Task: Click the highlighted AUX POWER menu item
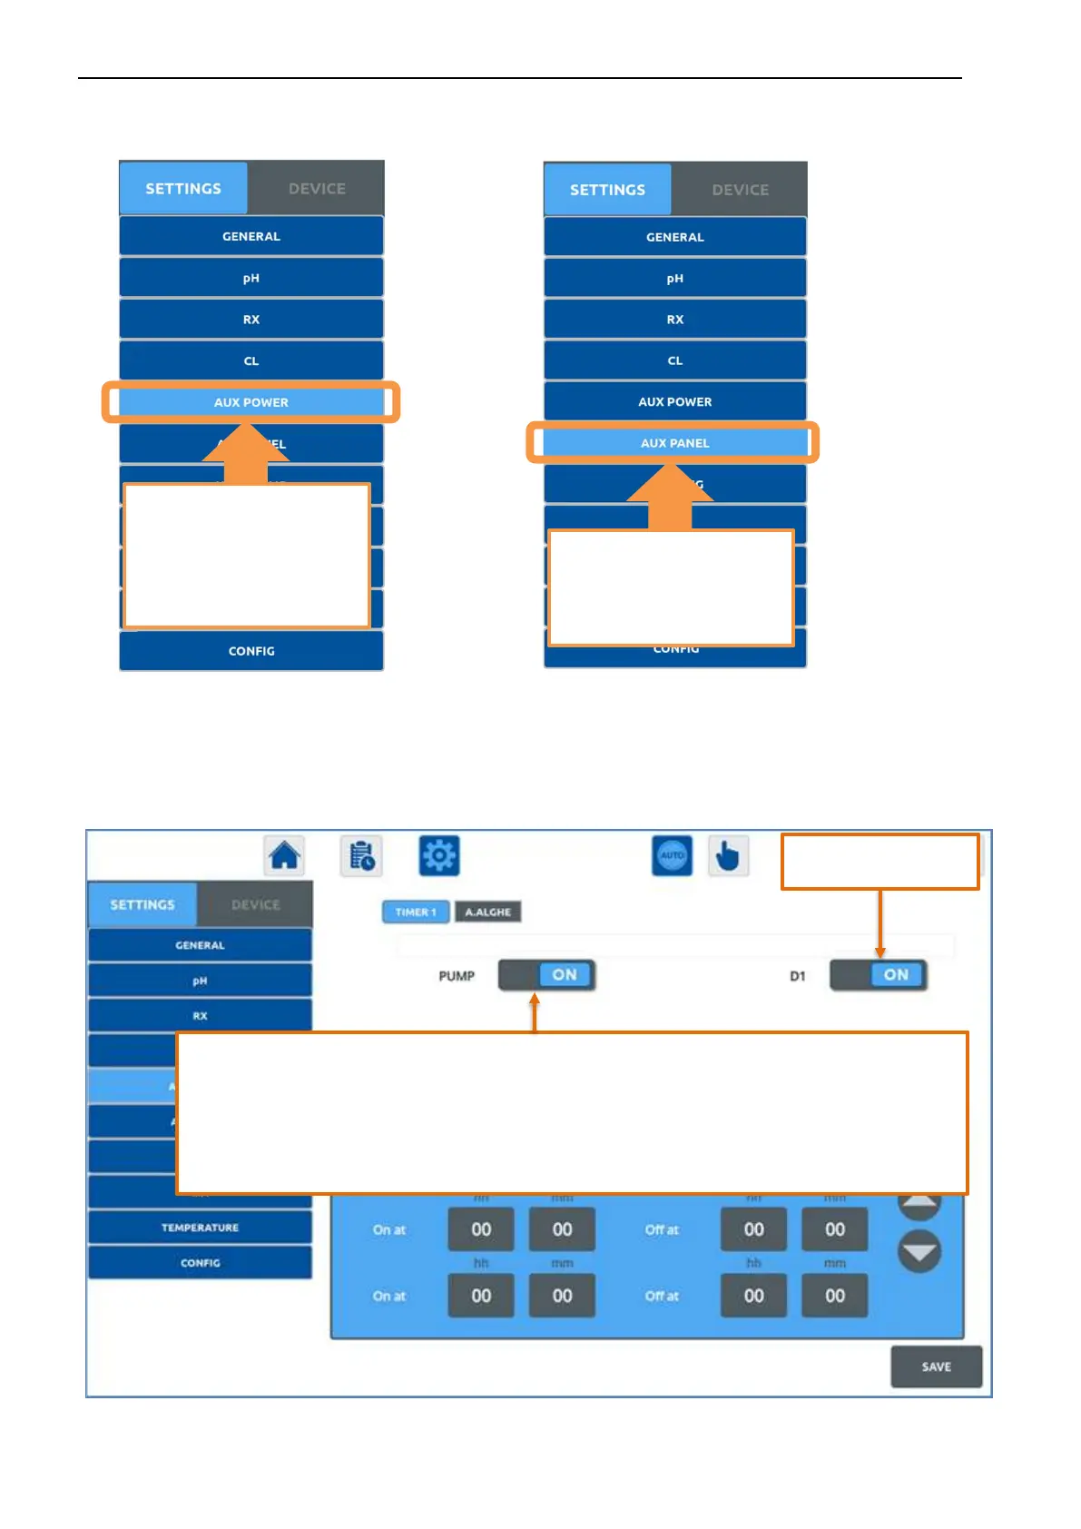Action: pyautogui.click(x=251, y=402)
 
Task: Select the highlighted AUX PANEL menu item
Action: pyautogui.click(x=674, y=443)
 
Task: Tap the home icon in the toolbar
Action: pyautogui.click(x=284, y=855)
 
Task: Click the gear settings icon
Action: pyautogui.click(x=439, y=855)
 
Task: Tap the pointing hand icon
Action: pyautogui.click(x=727, y=855)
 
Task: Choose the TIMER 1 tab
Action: pyautogui.click(x=416, y=912)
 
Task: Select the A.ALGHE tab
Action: pyautogui.click(x=487, y=912)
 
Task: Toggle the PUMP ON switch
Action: pyautogui.click(x=547, y=975)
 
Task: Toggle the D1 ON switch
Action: pyautogui.click(x=879, y=975)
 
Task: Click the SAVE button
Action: pyautogui.click(x=936, y=1366)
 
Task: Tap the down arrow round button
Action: pyautogui.click(x=919, y=1252)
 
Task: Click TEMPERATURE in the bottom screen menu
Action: pyautogui.click(x=200, y=1228)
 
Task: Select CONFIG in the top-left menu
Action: pyautogui.click(x=251, y=651)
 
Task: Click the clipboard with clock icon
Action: pyautogui.click(x=361, y=855)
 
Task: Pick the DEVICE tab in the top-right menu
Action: pyautogui.click(x=740, y=190)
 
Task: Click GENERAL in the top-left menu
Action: pyautogui.click(x=251, y=236)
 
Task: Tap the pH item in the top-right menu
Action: pyautogui.click(x=674, y=279)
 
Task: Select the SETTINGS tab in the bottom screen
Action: pyautogui.click(x=142, y=904)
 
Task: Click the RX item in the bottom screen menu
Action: pyautogui.click(x=200, y=1016)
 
